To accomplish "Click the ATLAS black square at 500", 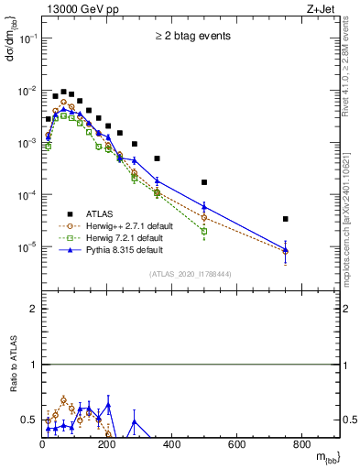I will click(x=204, y=182).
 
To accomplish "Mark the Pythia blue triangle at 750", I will click(x=286, y=250).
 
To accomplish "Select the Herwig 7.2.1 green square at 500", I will click(x=204, y=231).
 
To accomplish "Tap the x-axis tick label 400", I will click(x=171, y=446).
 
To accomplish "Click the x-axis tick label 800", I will click(x=301, y=446).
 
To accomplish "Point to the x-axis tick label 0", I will click(x=42, y=446).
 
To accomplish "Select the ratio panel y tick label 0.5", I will click(x=29, y=420).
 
